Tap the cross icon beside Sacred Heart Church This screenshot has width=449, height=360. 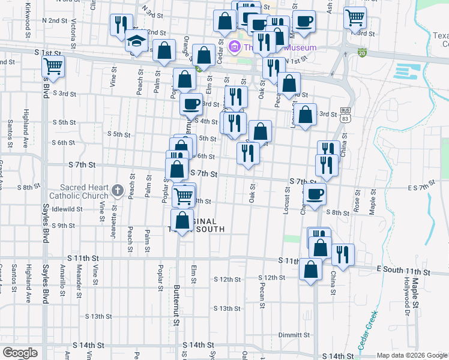pyautogui.click(x=117, y=193)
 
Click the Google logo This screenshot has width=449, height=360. pyautogui.click(x=20, y=353)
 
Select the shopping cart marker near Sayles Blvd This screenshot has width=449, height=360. pyautogui.click(x=53, y=67)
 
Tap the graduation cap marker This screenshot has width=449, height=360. pyautogui.click(x=137, y=41)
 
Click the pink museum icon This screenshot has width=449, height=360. pyautogui.click(x=235, y=47)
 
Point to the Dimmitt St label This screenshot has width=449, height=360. pyautogui.click(x=294, y=335)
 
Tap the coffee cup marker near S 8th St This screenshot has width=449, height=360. pyautogui.click(x=315, y=193)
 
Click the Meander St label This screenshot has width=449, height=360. pyautogui.click(x=79, y=286)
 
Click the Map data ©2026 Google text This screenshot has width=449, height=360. pyautogui.click(x=412, y=355)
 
